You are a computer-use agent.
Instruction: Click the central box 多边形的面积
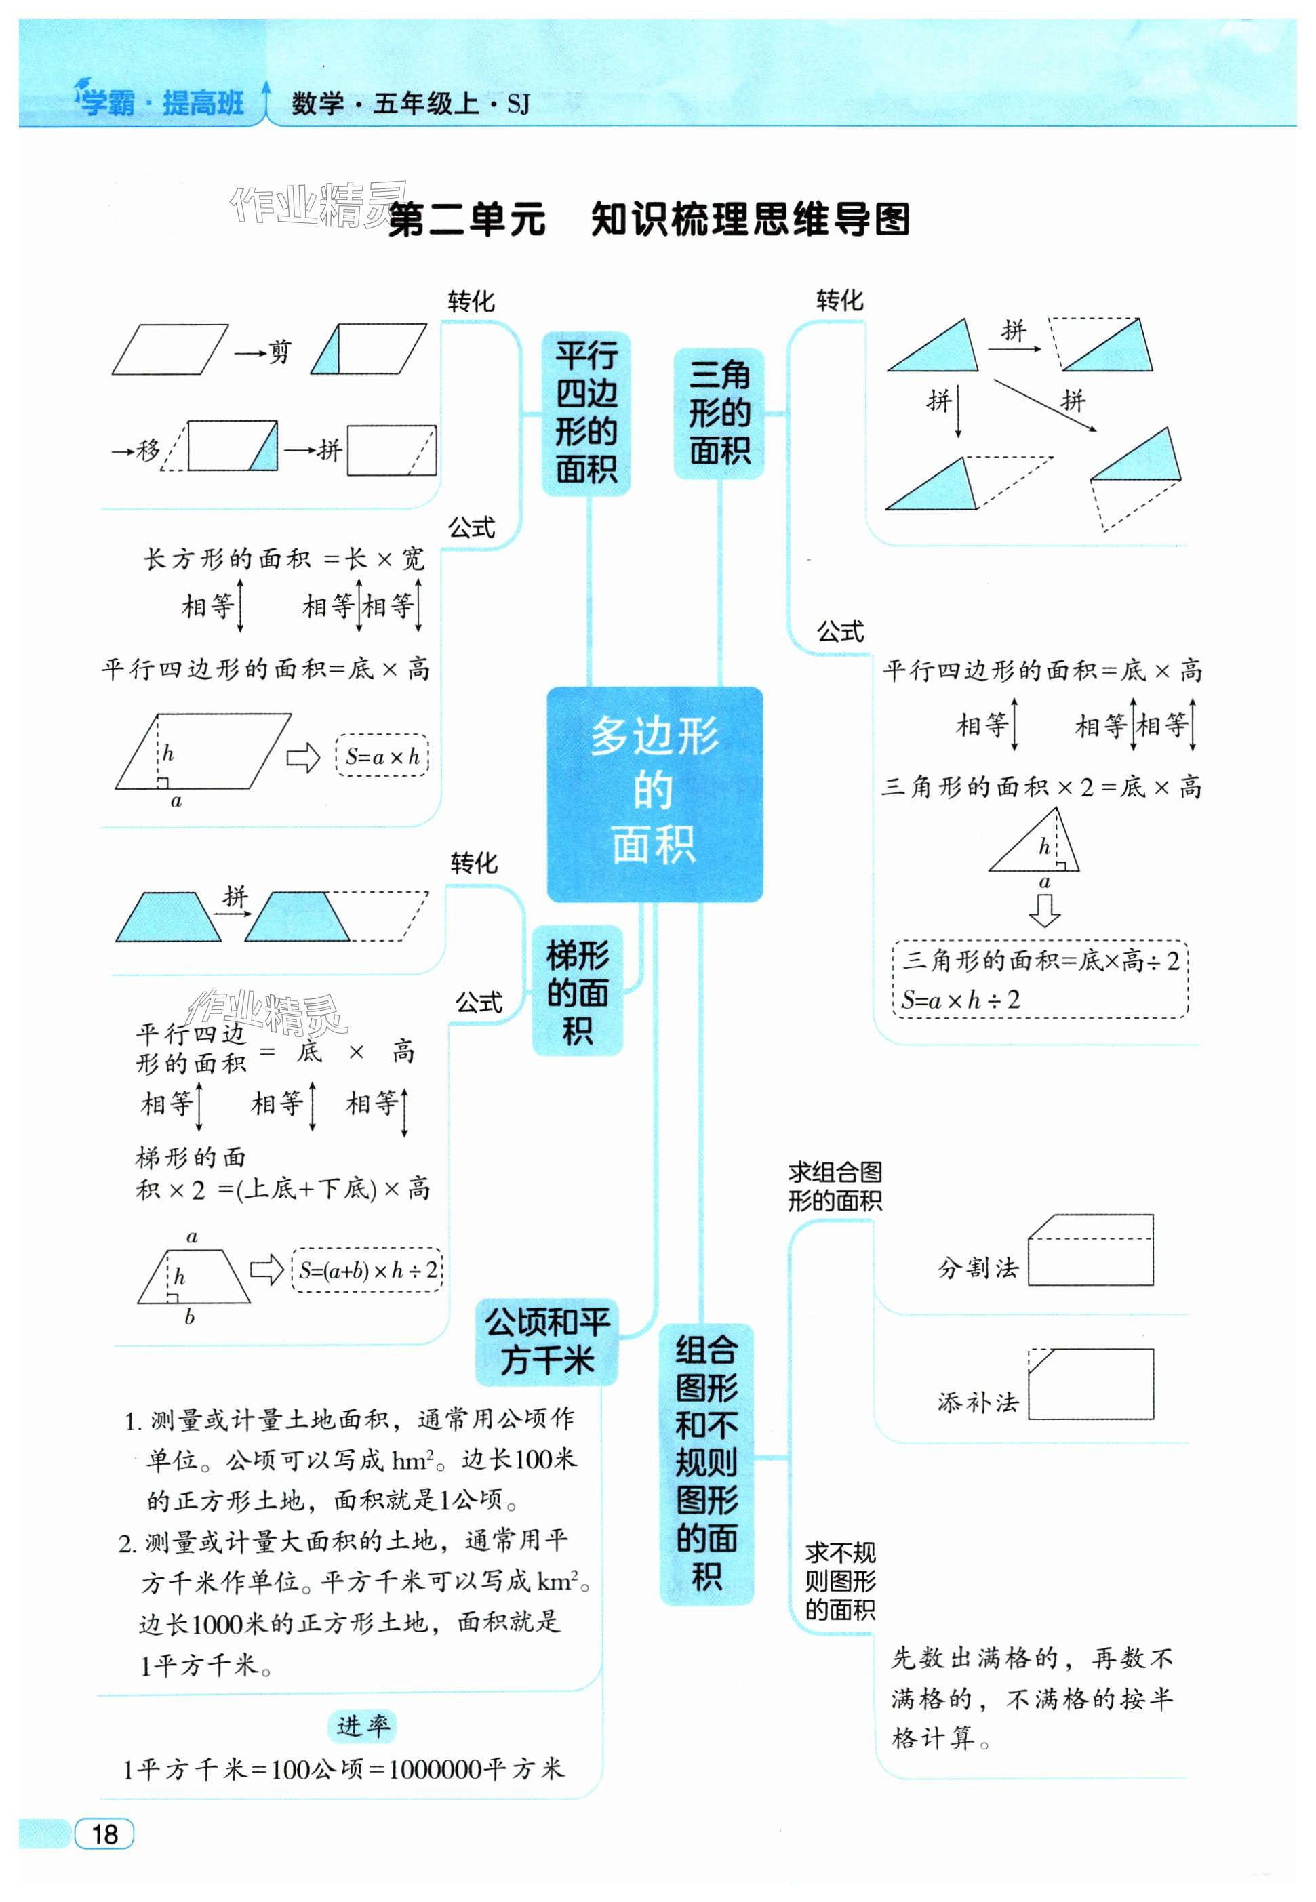click(655, 793)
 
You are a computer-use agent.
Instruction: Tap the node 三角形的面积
click(719, 413)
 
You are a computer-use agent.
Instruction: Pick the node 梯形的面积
click(577, 991)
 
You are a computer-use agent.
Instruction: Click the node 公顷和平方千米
click(546, 1341)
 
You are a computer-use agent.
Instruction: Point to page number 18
click(104, 1834)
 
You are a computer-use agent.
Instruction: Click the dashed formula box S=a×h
click(382, 755)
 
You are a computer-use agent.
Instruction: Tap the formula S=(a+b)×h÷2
click(367, 1270)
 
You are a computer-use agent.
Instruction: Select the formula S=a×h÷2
click(961, 1000)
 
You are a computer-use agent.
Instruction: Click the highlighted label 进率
click(363, 1726)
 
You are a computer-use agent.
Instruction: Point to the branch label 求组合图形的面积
click(835, 1186)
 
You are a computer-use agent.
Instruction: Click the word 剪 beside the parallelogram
click(279, 352)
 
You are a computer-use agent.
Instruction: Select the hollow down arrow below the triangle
click(1044, 910)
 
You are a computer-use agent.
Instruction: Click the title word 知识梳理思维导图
click(751, 220)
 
